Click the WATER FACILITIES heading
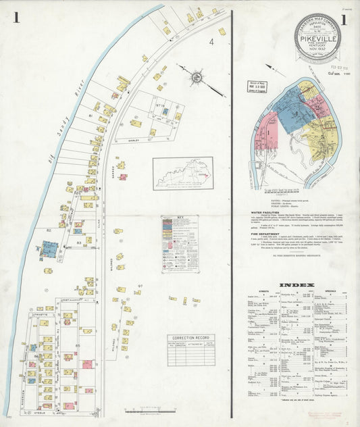[264, 211]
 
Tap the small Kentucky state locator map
[182, 173]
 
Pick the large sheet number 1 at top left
[15, 18]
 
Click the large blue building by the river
[49, 249]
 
